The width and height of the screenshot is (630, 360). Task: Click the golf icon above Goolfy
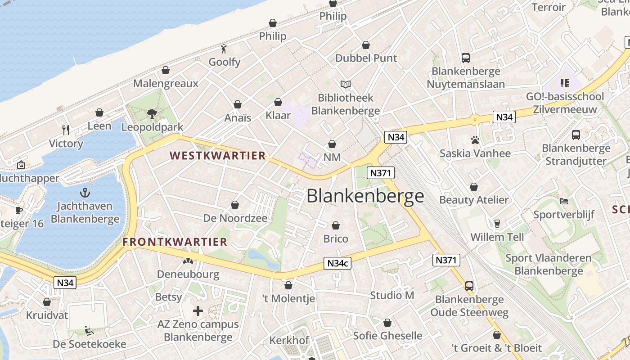(x=224, y=48)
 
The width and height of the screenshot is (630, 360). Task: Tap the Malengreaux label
(x=166, y=83)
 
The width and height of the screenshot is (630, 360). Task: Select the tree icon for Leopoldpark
(x=152, y=113)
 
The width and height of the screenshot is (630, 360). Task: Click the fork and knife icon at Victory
(x=66, y=130)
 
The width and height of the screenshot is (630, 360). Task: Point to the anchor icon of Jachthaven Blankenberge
(x=85, y=193)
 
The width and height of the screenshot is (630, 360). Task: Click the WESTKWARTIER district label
(x=217, y=156)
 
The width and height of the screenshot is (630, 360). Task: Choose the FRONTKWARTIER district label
(x=175, y=242)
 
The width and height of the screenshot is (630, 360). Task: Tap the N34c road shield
(x=337, y=263)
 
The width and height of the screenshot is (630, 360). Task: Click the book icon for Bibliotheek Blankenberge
(x=346, y=84)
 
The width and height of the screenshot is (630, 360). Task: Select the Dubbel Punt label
(x=366, y=58)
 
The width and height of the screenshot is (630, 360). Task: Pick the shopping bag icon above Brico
(x=336, y=225)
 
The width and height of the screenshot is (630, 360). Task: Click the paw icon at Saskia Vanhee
(x=475, y=140)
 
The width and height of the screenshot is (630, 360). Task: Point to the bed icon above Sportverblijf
(x=564, y=201)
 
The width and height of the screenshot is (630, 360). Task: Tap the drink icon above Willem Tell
(x=497, y=223)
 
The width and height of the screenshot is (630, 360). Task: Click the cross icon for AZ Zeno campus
(x=198, y=311)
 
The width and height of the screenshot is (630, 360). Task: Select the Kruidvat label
(x=47, y=315)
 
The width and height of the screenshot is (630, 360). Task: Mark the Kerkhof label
(x=289, y=340)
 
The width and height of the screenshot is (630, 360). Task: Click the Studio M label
(x=392, y=295)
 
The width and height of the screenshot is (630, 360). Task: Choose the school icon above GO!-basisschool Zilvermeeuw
(x=565, y=83)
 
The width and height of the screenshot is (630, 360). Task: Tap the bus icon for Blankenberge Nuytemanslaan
(x=466, y=58)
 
